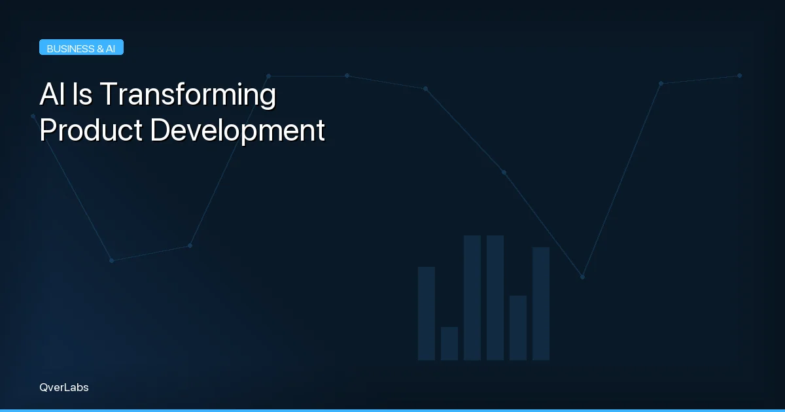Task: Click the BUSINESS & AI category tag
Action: tap(81, 48)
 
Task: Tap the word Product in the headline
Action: tap(91, 131)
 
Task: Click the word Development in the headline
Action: tap(237, 131)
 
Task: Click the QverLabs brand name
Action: tap(63, 387)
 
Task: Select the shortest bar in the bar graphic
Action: tap(449, 343)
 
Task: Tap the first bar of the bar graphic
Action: tap(427, 313)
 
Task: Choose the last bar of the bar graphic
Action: tap(541, 303)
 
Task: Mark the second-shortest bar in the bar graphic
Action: tap(518, 328)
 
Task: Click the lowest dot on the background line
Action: tap(582, 277)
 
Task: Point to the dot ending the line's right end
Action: tap(739, 75)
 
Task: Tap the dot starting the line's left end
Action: tap(33, 116)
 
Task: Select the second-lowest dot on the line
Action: tap(111, 260)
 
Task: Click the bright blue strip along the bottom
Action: tap(392, 410)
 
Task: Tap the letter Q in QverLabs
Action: tap(43, 387)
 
